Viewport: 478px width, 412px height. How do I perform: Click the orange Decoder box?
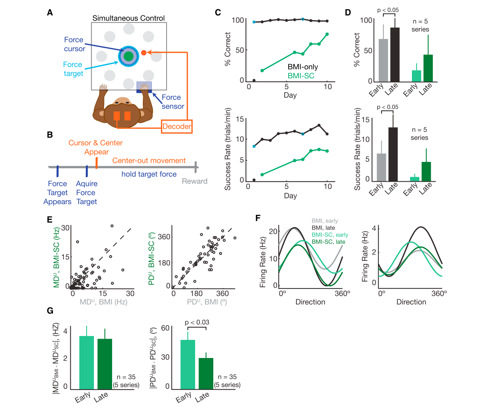pyautogui.click(x=177, y=126)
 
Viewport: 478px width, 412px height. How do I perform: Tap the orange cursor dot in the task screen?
pyautogui.click(x=144, y=52)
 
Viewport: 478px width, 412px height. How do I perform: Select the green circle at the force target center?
pyautogui.click(x=128, y=56)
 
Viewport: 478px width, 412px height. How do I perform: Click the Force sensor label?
pyautogui.click(x=172, y=102)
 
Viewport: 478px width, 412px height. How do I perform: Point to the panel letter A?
pyautogui.click(x=50, y=12)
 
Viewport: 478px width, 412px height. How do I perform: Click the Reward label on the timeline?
pyautogui.click(x=194, y=181)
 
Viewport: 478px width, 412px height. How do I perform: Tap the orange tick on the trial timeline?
pyautogui.click(x=97, y=163)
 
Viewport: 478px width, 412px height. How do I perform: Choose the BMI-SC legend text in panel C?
pyautogui.click(x=301, y=76)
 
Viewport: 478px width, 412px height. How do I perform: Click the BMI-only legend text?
pyautogui.click(x=303, y=67)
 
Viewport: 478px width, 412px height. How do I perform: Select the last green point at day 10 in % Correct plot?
pyautogui.click(x=327, y=34)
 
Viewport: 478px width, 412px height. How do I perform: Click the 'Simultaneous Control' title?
pyautogui.click(x=128, y=18)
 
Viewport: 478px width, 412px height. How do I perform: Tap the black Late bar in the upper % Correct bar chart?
pyautogui.click(x=395, y=55)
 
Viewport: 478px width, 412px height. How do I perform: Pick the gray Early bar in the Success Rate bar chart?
pyautogui.click(x=381, y=167)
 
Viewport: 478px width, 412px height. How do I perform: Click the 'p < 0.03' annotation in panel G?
pyautogui.click(x=197, y=322)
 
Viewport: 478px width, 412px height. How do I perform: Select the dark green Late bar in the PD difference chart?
pyautogui.click(x=206, y=374)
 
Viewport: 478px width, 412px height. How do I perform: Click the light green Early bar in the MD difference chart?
pyautogui.click(x=87, y=363)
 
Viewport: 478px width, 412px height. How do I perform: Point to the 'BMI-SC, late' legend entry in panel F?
pyautogui.click(x=328, y=241)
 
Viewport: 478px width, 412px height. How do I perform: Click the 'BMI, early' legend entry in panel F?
pyautogui.click(x=325, y=221)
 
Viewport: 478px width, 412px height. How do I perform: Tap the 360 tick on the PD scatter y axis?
pyautogui.click(x=164, y=237)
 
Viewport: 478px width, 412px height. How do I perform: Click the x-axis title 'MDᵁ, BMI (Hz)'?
pyautogui.click(x=104, y=302)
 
